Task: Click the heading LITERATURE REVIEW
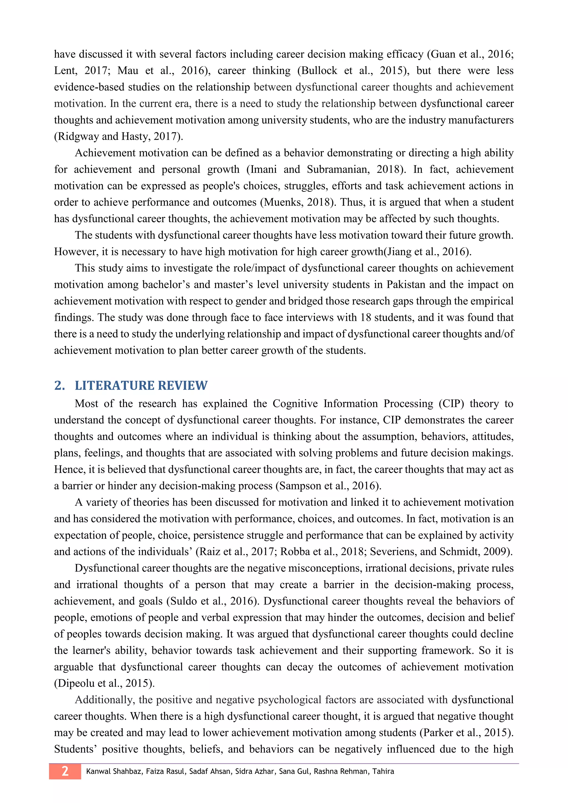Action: [x=141, y=385]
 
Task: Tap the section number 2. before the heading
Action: [x=59, y=385]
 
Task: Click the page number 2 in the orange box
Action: [x=65, y=771]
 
